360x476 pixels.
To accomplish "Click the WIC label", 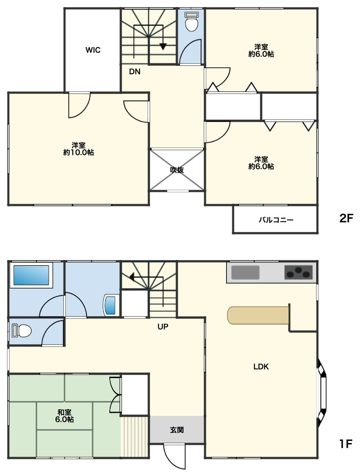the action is point(93,50).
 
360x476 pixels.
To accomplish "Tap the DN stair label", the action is point(135,72).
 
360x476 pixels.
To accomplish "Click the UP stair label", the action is point(163,327).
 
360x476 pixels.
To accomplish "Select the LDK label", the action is point(261,367).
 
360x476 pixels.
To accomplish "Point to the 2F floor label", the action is point(346,218).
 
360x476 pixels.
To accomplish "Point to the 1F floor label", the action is point(346,444).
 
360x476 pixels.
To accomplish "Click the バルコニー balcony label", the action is point(276,220).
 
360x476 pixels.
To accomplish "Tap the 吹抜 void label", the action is point(176,170).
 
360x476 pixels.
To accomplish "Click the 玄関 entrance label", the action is point(176,430).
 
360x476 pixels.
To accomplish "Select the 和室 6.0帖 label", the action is point(65,416).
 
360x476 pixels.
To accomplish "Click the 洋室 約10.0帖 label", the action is point(78,149).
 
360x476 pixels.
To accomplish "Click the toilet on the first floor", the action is point(22,331).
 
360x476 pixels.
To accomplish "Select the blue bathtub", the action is point(30,275).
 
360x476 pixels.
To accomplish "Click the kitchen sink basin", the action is point(245,272).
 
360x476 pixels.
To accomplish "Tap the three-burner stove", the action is point(299,272).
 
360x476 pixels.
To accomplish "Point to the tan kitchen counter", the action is point(258,315).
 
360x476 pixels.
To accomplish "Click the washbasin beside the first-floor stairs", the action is point(110,305).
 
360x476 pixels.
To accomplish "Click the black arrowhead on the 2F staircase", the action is point(163,47).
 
